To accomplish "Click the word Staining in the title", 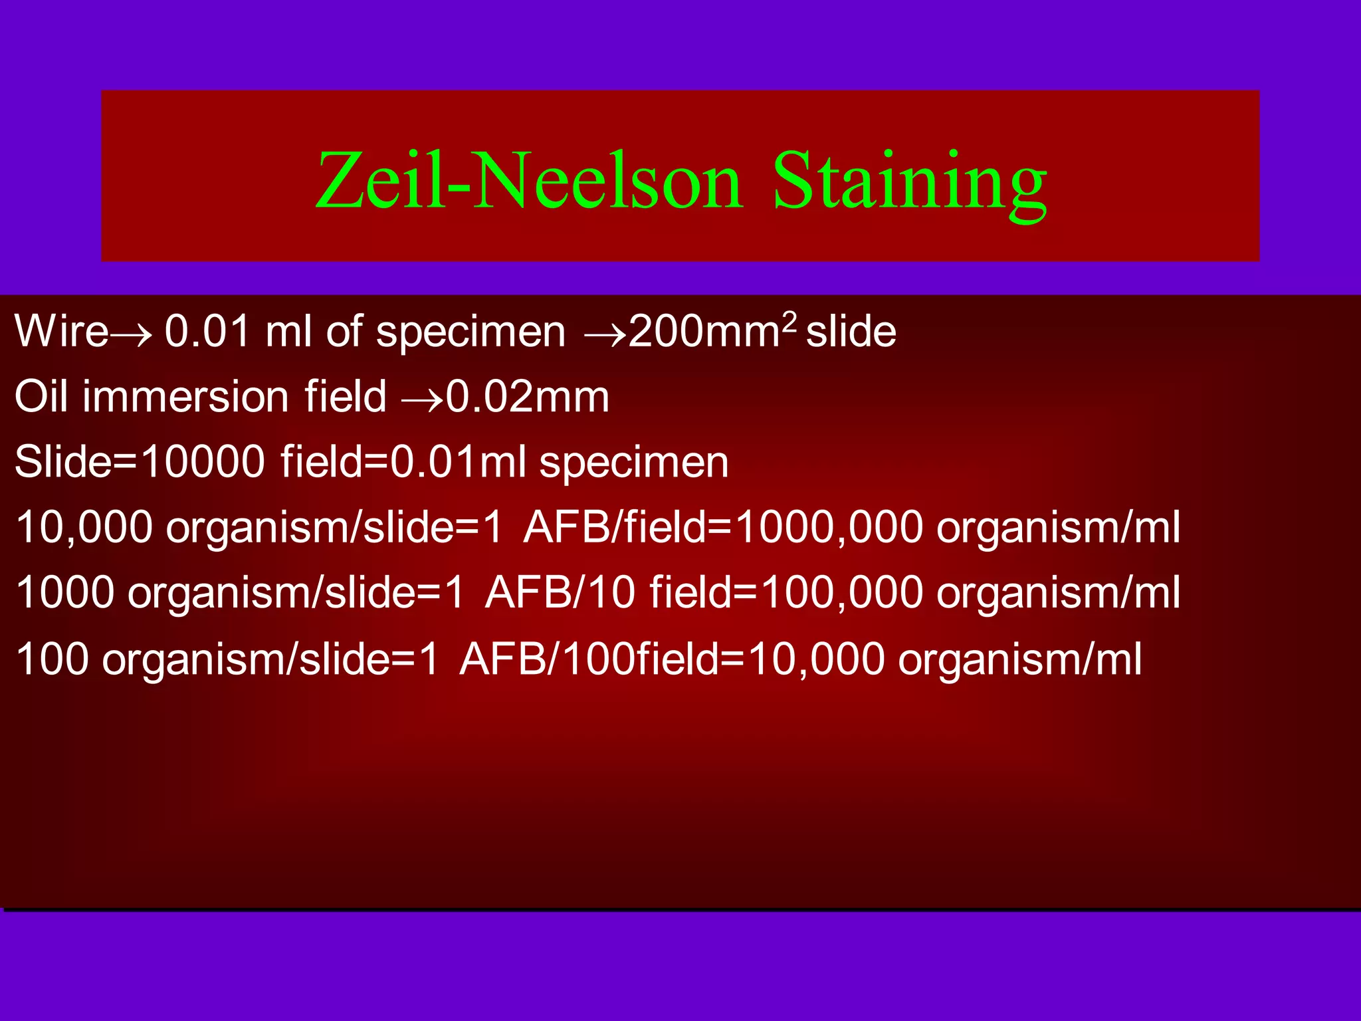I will pyautogui.click(x=909, y=181).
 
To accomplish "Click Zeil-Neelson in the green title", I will pyautogui.click(x=528, y=181).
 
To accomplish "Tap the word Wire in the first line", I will pyautogui.click(x=61, y=331).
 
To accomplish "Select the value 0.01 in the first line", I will pyautogui.click(x=206, y=331).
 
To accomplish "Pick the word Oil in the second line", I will pyautogui.click(x=41, y=396).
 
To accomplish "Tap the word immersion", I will pyautogui.click(x=185, y=396).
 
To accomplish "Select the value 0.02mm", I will pyautogui.click(x=527, y=396).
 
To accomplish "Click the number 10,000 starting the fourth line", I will pyautogui.click(x=84, y=527).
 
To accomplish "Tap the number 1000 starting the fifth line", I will pyautogui.click(x=64, y=592).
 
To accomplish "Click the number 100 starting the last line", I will pyautogui.click(x=52, y=659).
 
